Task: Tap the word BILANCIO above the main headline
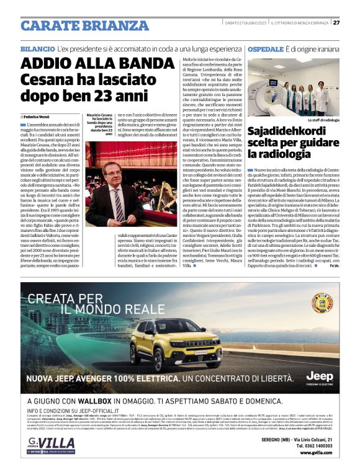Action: [37, 48]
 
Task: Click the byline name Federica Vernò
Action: [39, 117]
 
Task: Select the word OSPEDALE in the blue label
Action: [265, 48]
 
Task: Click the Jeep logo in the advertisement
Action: [319, 376]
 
